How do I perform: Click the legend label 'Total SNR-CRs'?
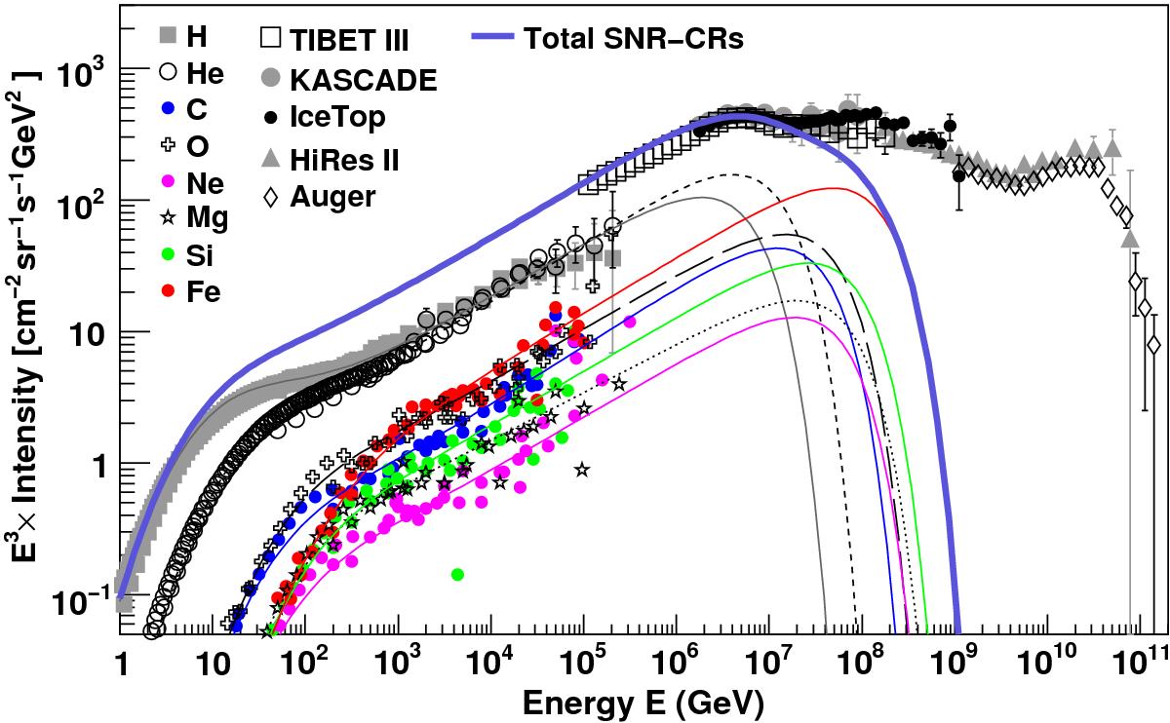(635, 39)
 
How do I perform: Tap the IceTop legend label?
(338, 118)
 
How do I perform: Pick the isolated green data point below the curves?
(457, 575)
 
